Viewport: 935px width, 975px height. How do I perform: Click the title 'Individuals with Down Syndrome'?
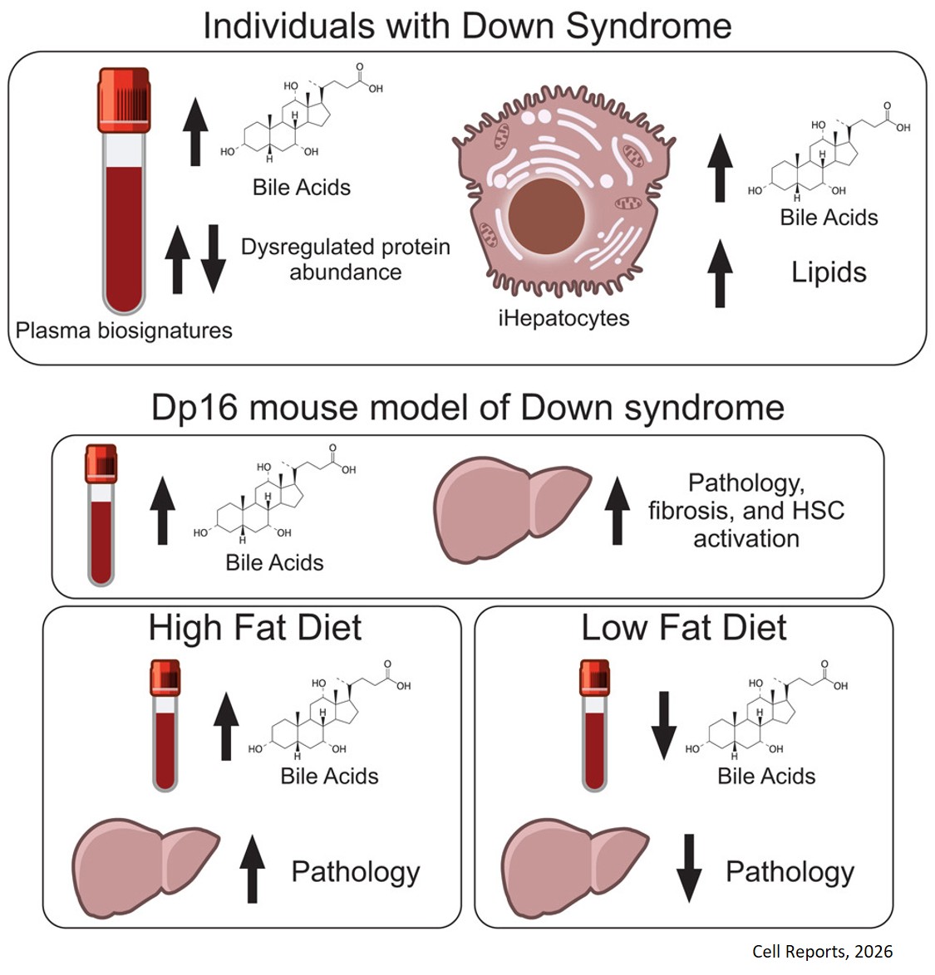click(x=467, y=25)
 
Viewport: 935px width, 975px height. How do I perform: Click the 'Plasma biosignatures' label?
click(x=124, y=331)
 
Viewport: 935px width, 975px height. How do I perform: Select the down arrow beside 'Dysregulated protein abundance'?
click(x=213, y=258)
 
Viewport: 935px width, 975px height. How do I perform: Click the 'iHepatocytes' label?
click(x=563, y=318)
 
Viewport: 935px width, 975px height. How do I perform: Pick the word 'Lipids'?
click(x=829, y=272)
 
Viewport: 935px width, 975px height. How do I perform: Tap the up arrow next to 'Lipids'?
click(x=720, y=272)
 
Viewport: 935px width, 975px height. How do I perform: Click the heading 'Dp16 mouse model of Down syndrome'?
click(x=467, y=408)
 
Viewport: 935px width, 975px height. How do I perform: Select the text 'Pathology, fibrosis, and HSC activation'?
click(x=746, y=510)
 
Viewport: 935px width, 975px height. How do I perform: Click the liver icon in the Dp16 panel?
click(x=511, y=510)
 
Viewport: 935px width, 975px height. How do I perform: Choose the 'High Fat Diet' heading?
click(x=255, y=628)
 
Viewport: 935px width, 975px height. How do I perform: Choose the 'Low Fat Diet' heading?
click(x=683, y=628)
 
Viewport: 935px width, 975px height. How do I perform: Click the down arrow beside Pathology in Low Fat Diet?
click(x=689, y=868)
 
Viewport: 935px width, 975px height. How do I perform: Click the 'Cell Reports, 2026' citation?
click(x=822, y=952)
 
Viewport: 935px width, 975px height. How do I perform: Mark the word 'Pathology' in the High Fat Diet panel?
click(x=355, y=872)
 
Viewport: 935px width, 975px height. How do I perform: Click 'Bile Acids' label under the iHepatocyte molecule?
click(x=829, y=218)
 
